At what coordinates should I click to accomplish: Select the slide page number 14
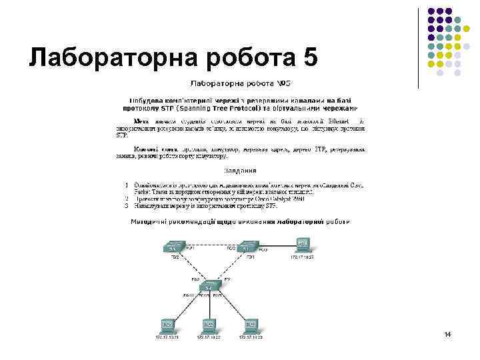tap(447, 333)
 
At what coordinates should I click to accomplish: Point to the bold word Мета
tap(142, 121)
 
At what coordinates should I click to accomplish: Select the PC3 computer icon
tap(251, 326)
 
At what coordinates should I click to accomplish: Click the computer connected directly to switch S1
tap(303, 243)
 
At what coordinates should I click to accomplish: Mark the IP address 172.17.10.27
tap(302, 257)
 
